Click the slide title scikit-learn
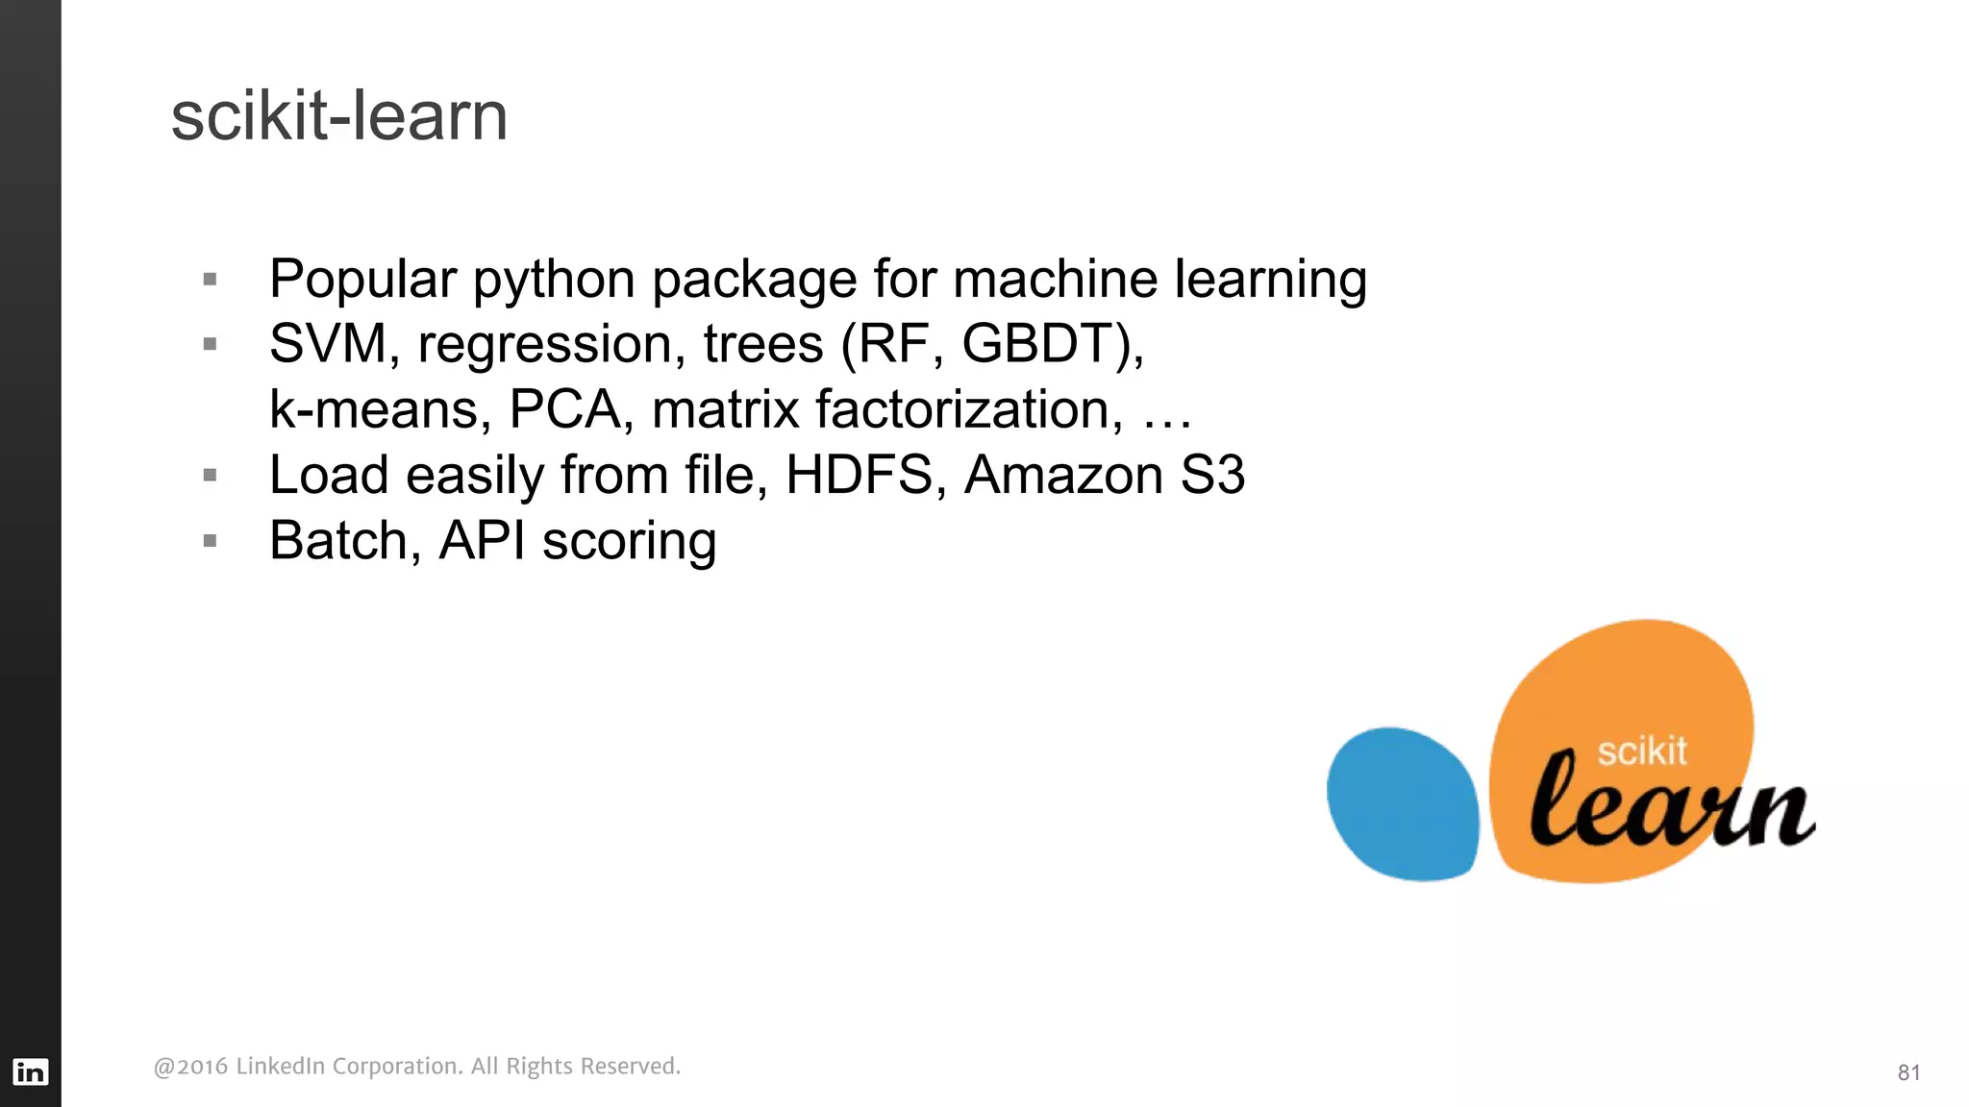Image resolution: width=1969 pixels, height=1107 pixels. (338, 116)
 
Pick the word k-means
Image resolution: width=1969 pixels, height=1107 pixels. (373, 409)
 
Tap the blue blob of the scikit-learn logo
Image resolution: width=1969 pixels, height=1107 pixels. (1402, 803)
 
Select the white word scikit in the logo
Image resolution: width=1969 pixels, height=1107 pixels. (1641, 750)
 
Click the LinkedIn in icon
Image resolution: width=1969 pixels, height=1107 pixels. (30, 1071)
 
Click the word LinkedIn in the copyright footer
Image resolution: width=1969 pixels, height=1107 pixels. (280, 1067)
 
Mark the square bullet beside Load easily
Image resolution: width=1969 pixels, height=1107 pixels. (211, 475)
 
